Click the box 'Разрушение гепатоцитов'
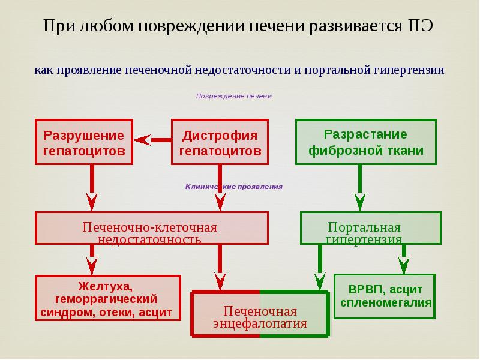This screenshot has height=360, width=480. (83, 143)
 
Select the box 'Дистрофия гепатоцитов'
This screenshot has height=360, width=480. (220, 143)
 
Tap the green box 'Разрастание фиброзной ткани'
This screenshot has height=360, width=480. (366, 142)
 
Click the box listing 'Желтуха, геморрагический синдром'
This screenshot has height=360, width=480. (107, 298)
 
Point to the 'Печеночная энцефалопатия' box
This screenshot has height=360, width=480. (260, 313)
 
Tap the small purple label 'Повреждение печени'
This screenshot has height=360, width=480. (234, 96)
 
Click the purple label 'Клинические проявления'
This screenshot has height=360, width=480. (233, 187)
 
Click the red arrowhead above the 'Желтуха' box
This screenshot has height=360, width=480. (92, 264)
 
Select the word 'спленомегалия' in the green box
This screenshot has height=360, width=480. (386, 302)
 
